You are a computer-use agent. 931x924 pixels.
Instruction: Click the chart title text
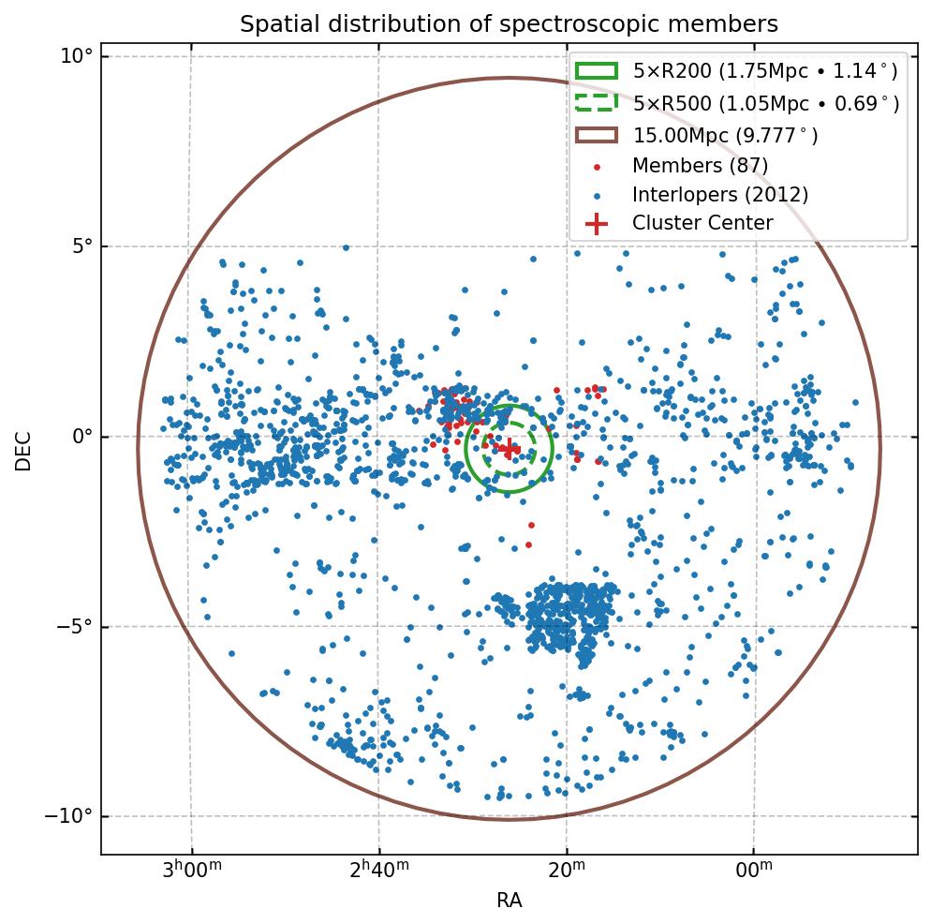click(509, 23)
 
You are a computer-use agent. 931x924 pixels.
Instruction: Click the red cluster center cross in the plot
click(509, 448)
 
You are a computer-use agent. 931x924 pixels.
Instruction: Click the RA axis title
click(509, 901)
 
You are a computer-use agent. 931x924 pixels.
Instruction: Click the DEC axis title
click(23, 450)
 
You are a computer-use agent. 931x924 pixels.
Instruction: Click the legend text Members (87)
click(700, 166)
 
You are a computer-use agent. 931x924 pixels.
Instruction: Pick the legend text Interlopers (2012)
click(719, 195)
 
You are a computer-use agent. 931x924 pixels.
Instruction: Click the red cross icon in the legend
click(596, 223)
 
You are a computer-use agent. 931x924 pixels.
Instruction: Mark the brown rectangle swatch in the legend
click(596, 135)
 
